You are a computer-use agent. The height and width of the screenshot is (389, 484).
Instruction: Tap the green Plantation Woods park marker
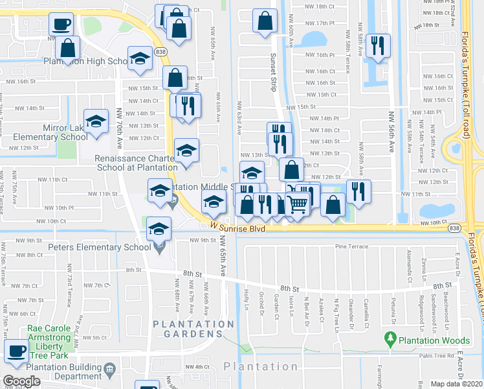pyautogui.click(x=390, y=338)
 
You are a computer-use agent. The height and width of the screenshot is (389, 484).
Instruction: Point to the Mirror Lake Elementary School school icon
pyautogui.click(x=96, y=122)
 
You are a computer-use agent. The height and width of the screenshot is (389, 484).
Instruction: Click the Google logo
pyautogui.click(x=21, y=381)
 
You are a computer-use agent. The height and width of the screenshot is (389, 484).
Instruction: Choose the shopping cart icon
pyautogui.click(x=297, y=204)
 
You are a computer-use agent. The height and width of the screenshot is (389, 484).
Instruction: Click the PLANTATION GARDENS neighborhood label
pyautogui.click(x=193, y=328)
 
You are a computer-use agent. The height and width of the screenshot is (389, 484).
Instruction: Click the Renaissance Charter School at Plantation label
pyautogui.click(x=136, y=162)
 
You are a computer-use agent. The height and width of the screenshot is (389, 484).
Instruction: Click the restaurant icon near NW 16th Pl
pyautogui.click(x=376, y=45)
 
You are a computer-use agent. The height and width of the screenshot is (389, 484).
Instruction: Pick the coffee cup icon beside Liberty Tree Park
pyautogui.click(x=16, y=351)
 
